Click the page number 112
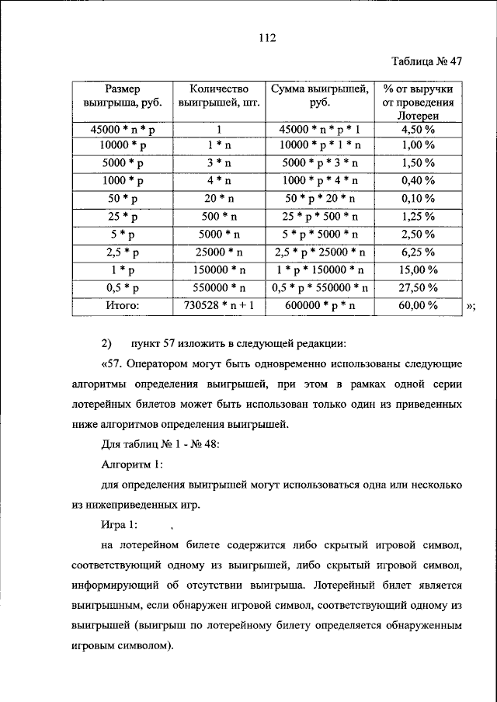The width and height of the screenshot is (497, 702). (248, 36)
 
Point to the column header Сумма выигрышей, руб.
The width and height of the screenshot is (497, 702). (319, 96)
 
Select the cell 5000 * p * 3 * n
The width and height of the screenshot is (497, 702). (319, 163)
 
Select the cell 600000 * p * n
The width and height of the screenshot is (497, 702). (319, 307)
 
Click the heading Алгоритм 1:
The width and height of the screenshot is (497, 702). (133, 464)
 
